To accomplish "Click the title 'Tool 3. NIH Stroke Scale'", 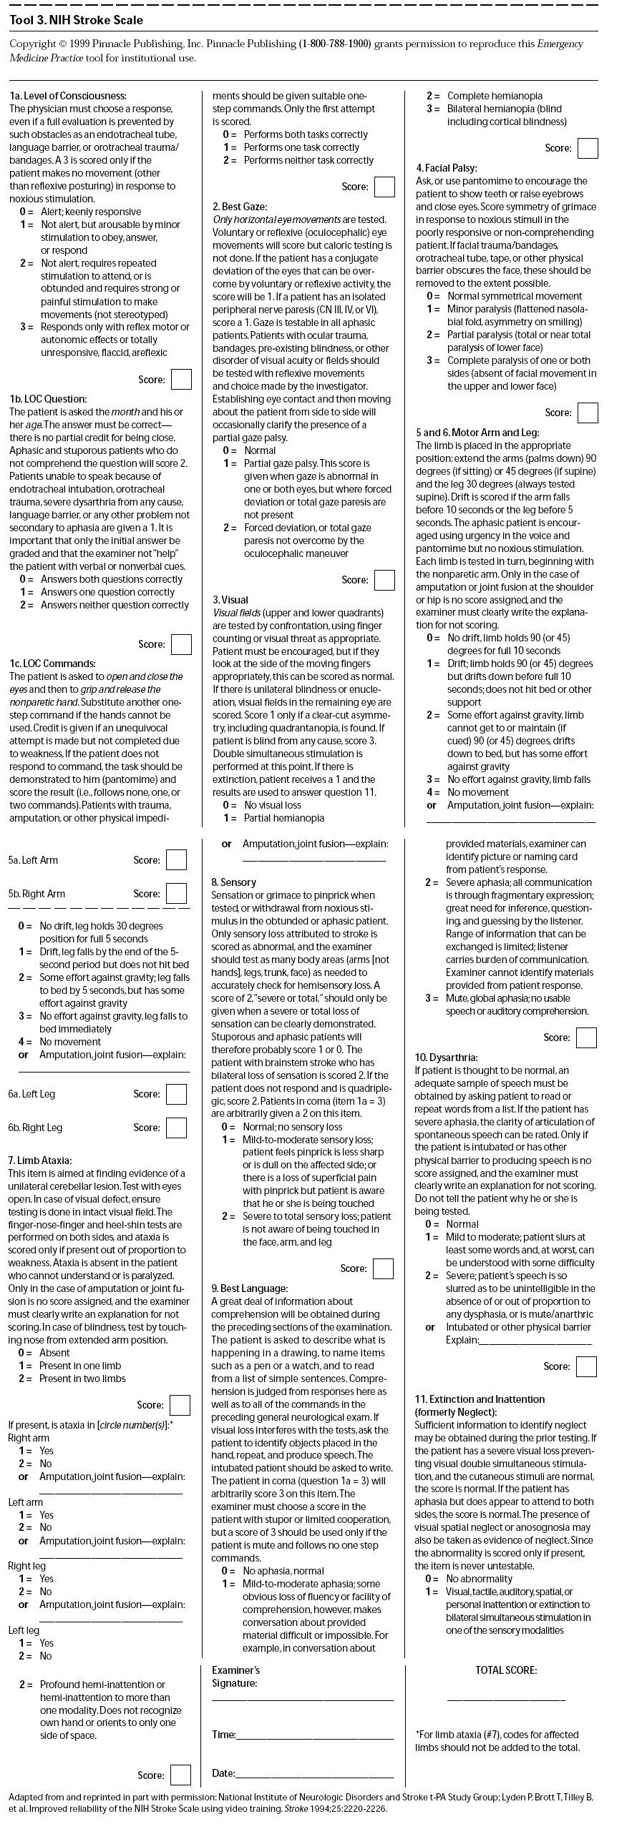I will pos(76,20).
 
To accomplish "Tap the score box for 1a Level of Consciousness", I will pos(181,380).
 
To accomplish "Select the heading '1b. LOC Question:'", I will pos(48,399).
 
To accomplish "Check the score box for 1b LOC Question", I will pos(181,644).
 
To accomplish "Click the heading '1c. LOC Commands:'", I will pos(52,664).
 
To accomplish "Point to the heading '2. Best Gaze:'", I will pos(240,207).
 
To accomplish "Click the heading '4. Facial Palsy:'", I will pos(447,168).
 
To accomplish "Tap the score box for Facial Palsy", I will pos(588,413).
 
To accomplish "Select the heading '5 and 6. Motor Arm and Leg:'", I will pos(477,433).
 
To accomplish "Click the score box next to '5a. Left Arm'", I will pos(176,860).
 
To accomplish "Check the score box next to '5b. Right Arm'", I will pos(176,894).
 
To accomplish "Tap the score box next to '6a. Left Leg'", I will pos(176,1094).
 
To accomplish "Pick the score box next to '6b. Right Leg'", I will pos(176,1128).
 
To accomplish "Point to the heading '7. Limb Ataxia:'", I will pos(40,1160).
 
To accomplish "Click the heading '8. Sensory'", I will pos(233,882).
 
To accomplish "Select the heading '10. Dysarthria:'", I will pos(446,1058).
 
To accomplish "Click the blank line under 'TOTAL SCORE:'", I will pos(506,1698).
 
